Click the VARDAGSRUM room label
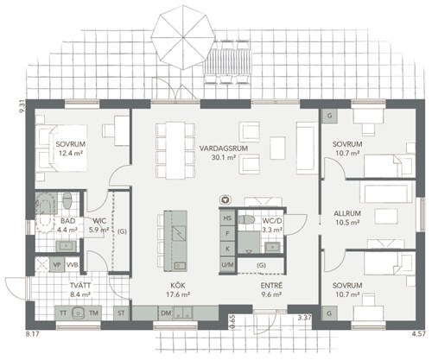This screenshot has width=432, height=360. pos(224,148)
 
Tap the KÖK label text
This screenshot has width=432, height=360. pos(178,286)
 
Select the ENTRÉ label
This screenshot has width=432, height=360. pos(271,286)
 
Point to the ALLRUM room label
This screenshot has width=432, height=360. pos(347,213)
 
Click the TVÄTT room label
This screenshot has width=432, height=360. pos(80,286)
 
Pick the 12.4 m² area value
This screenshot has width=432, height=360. pos(71,153)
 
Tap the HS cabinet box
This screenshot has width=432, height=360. pos(227,218)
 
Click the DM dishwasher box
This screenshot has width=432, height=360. pos(166,313)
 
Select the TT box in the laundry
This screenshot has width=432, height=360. pos(63,313)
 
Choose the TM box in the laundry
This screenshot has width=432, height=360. pos(93,313)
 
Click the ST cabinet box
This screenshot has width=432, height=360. pos(121,313)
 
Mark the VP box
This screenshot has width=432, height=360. pos(57,265)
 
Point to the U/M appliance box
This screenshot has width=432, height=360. pos(227,264)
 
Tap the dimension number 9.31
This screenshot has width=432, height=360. pos(21,108)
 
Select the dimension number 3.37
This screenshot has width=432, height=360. pos(305,318)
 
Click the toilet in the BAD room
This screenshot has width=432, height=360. pos(67,200)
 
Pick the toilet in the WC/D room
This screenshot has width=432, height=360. pos(246,220)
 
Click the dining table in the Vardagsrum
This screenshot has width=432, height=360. pos(175,150)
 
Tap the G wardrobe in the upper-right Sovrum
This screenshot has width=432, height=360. pos(330,116)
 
